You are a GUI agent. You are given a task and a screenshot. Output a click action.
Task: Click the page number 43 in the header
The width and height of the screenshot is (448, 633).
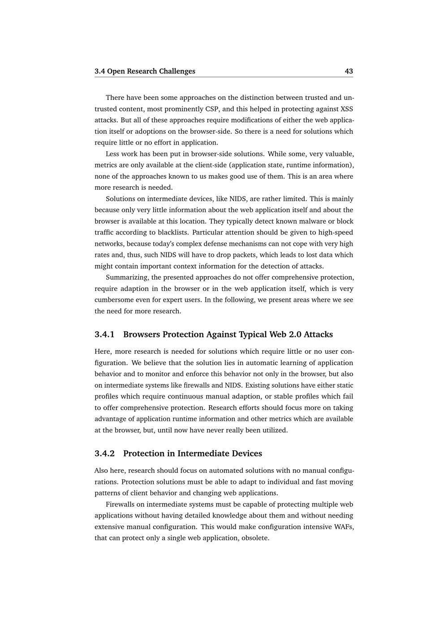349,71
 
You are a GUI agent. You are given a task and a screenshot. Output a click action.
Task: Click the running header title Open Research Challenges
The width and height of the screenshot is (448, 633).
151,71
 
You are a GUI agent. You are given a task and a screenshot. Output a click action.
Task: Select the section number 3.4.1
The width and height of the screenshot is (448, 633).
104,334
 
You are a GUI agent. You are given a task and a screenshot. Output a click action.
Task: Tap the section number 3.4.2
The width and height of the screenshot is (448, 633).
104,453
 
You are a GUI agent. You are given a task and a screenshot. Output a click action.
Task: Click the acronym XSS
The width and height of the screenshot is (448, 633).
347,109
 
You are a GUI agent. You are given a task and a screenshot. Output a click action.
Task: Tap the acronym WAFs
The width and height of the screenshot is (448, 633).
344,526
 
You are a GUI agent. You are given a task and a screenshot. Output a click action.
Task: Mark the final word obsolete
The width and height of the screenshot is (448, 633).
255,538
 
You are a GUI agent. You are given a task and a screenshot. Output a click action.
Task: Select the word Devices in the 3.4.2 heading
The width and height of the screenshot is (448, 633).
246,453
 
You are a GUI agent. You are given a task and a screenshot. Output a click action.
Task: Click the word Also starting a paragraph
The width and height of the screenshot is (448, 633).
101,470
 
